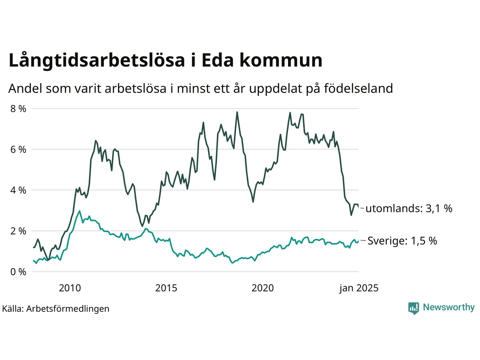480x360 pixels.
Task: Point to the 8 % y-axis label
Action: coord(18,109)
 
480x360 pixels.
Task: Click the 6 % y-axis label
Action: coord(18,150)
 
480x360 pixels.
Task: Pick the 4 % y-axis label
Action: coord(18,190)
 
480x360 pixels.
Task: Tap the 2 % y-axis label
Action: coord(18,231)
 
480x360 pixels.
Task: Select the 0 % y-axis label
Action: coord(18,272)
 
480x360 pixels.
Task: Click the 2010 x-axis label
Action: coord(70,288)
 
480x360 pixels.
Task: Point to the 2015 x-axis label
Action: coord(166,288)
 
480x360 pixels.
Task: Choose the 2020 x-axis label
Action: coord(262,288)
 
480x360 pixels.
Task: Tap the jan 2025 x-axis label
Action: coord(359,288)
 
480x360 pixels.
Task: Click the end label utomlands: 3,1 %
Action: coord(409,208)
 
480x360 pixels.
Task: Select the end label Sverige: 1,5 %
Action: coord(402,241)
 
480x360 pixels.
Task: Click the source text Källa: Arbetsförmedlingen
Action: coord(56,309)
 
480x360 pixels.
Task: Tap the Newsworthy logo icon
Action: coord(414,308)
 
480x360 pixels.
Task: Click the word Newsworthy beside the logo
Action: coord(448,307)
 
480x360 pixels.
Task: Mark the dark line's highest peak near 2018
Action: coord(237,112)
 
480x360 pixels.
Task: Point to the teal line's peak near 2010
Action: coord(79,211)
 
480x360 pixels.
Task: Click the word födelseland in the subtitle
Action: coord(358,88)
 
